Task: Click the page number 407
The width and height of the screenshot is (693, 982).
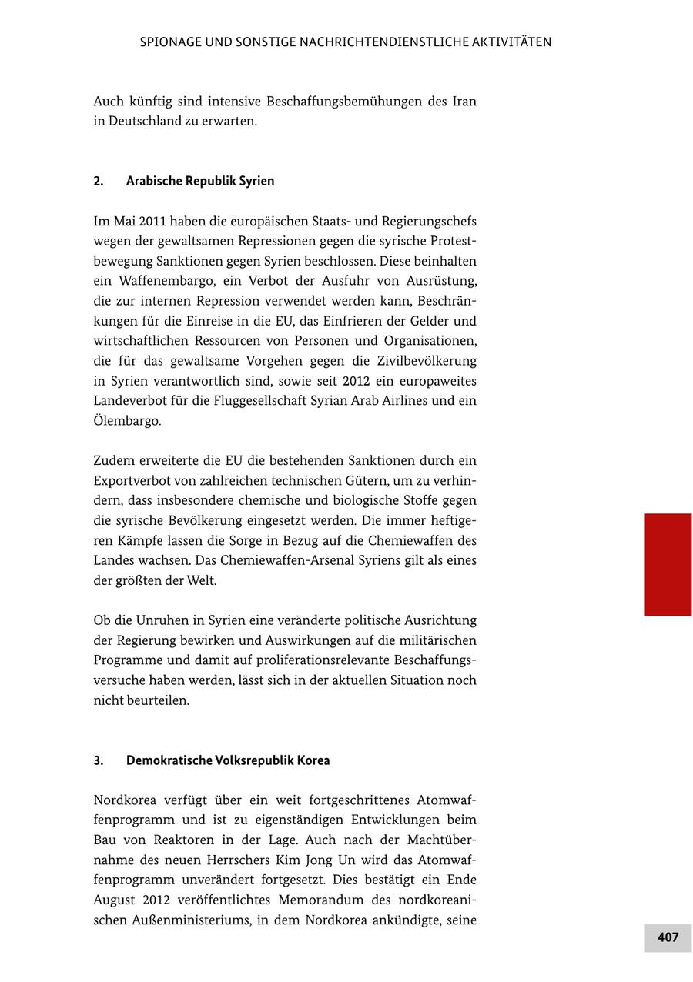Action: tap(668, 937)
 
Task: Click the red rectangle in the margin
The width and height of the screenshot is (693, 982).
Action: tap(668, 564)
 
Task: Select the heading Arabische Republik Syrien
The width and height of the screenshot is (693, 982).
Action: tap(200, 181)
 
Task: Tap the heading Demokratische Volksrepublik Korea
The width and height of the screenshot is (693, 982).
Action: tap(228, 760)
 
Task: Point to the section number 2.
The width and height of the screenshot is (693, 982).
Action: tap(99, 181)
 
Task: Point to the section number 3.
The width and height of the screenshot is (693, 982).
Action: tap(99, 760)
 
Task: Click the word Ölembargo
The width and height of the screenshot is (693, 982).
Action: tap(127, 421)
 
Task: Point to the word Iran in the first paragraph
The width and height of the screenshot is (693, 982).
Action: tap(464, 102)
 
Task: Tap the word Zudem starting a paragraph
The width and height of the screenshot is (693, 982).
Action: tap(113, 461)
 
